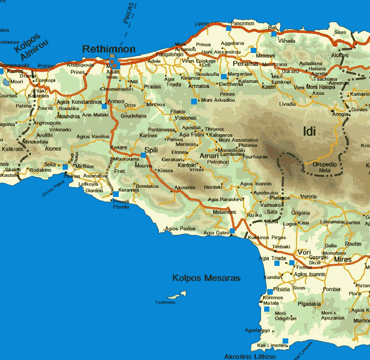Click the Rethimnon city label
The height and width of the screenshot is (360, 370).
(x=109, y=49)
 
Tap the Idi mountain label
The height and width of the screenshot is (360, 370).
(x=309, y=132)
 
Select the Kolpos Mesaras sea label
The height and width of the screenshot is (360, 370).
(x=206, y=278)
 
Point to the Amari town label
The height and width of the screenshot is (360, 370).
(x=209, y=155)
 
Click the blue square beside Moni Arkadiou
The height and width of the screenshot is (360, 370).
(x=194, y=101)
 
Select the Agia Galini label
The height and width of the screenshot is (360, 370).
(x=216, y=233)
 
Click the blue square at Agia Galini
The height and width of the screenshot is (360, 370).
(x=232, y=231)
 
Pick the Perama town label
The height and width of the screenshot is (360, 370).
(x=245, y=64)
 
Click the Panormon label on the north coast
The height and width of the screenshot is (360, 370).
(x=243, y=23)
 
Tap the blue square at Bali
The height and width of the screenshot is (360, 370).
(x=273, y=33)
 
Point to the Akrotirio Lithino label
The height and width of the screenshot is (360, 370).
(x=250, y=356)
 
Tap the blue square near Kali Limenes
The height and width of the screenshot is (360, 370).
(x=285, y=340)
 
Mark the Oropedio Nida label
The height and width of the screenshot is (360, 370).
(x=325, y=167)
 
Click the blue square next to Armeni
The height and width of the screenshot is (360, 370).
(x=104, y=106)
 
